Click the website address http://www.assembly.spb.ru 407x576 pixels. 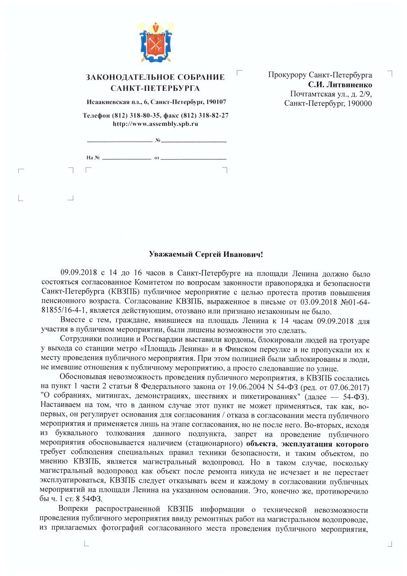(x=155, y=123)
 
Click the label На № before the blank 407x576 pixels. (x=93, y=158)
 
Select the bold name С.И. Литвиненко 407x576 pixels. (x=340, y=84)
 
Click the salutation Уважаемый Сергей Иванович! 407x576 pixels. (x=206, y=254)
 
